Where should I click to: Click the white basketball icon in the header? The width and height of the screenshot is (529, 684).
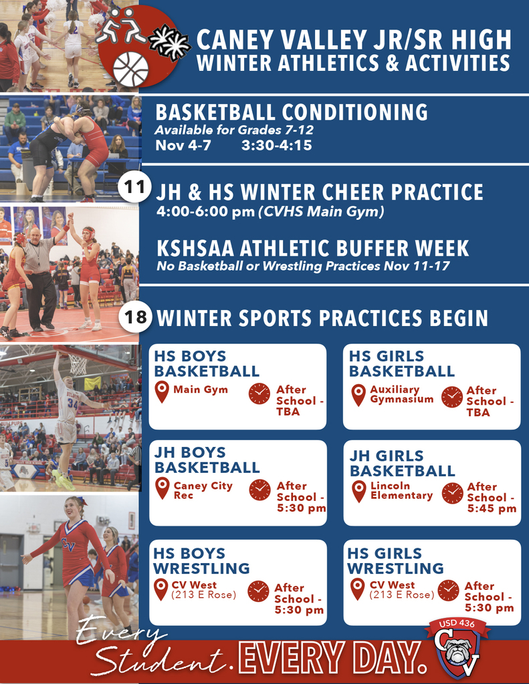[x=130, y=69]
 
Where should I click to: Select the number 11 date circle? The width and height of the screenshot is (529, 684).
[x=135, y=188]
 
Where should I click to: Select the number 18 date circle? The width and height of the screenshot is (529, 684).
[x=135, y=316]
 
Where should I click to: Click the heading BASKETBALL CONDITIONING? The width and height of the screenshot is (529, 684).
[x=291, y=112]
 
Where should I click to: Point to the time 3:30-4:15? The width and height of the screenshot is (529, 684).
[x=276, y=145]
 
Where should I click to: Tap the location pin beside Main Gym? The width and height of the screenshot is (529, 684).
[x=162, y=392]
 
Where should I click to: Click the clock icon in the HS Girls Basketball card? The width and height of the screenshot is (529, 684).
[x=452, y=397]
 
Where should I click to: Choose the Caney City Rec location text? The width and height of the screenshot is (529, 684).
[x=203, y=490]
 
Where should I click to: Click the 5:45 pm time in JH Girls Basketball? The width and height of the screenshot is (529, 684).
[x=492, y=508]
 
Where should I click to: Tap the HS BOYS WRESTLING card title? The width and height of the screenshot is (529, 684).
[x=201, y=560]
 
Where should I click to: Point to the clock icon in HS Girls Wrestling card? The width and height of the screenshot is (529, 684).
[x=448, y=590]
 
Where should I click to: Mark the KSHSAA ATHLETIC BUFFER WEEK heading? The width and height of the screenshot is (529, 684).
[x=312, y=248]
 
